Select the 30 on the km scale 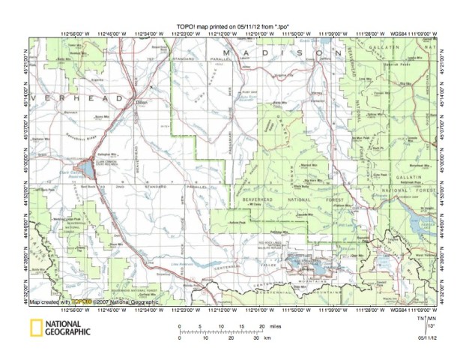[x=257, y=340]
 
